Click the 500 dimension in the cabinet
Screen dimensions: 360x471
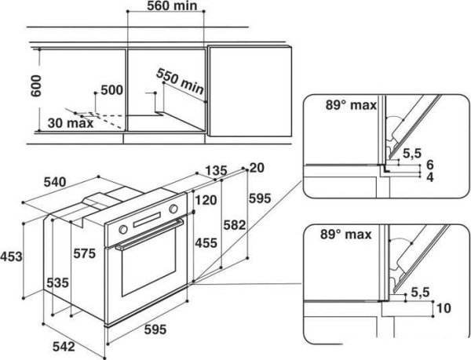pyautogui.click(x=112, y=90)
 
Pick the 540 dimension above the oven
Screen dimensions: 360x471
pyautogui.click(x=54, y=182)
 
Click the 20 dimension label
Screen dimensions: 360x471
pyautogui.click(x=256, y=167)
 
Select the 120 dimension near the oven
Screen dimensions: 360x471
pyautogui.click(x=205, y=200)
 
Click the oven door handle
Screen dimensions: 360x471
pyautogui.click(x=149, y=245)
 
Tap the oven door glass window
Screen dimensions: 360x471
pyautogui.click(x=149, y=275)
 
